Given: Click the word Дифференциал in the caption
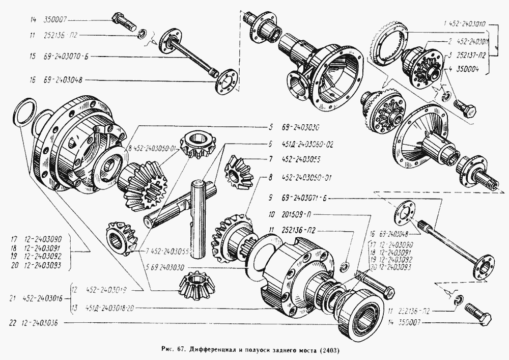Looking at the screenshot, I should [214, 351].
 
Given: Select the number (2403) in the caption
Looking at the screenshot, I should [330, 351].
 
